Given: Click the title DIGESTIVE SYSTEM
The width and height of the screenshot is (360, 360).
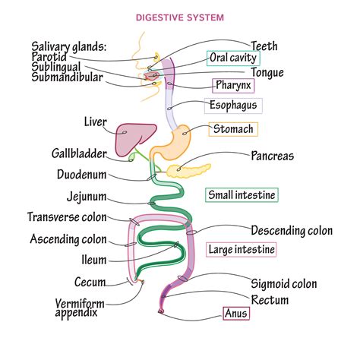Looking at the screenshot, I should [179, 16].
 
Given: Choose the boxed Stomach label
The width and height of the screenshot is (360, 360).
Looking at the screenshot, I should [233, 129].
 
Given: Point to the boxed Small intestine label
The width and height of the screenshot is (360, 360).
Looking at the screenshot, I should [242, 195].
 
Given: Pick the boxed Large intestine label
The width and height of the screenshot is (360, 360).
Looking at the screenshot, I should [242, 248].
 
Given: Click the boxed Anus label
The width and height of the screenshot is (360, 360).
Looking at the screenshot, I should [235, 312].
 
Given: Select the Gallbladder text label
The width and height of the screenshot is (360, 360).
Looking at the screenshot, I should [84, 154].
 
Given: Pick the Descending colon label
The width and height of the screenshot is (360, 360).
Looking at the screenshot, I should [291, 230].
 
